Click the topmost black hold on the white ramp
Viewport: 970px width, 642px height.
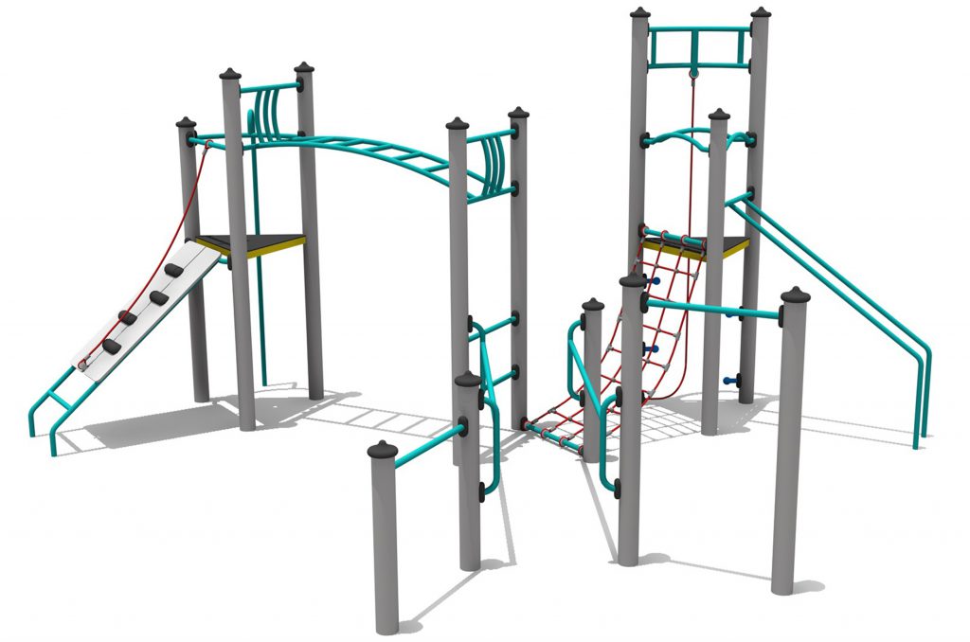175,272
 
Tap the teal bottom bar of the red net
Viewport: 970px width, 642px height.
554,436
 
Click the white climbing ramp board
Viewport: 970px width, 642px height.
142,312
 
